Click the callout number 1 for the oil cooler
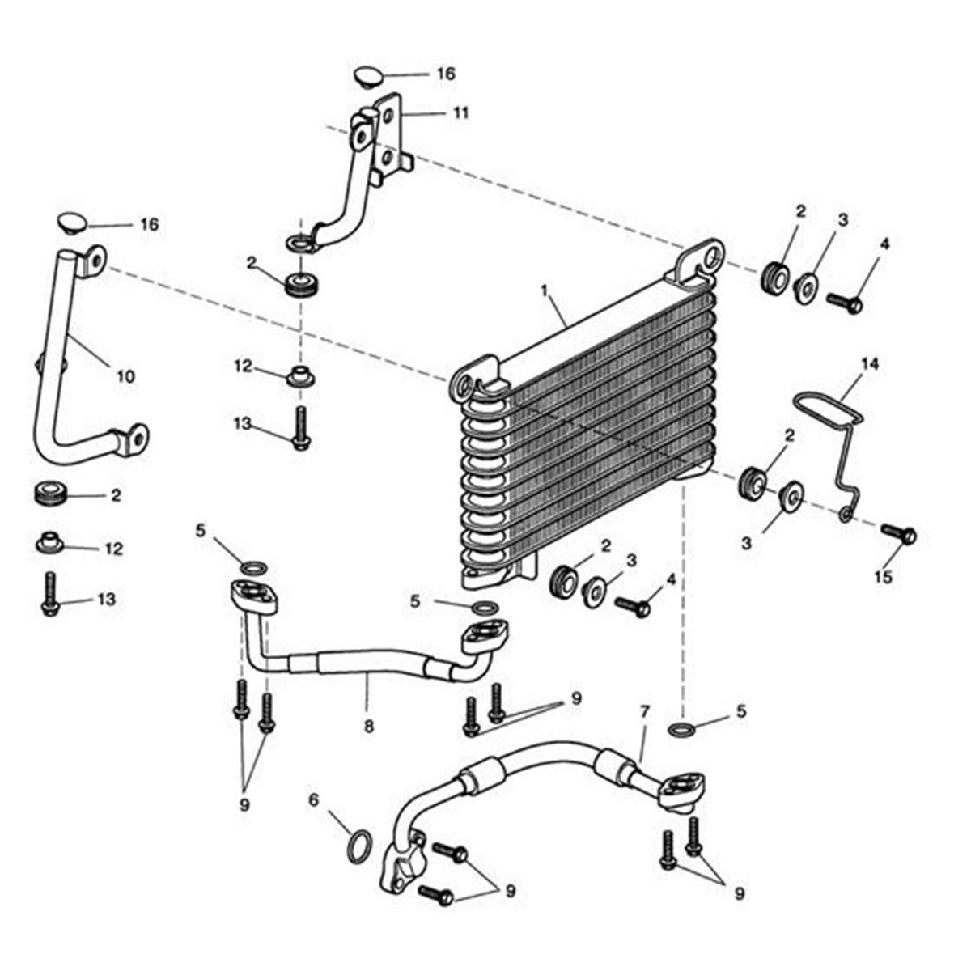544,290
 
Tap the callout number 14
871,364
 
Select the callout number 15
884,577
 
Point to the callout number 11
460,112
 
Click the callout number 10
126,376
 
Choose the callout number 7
644,712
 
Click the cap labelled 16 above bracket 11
368,77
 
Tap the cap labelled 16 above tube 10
71,222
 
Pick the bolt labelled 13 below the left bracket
50,595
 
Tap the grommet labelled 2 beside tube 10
51,494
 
